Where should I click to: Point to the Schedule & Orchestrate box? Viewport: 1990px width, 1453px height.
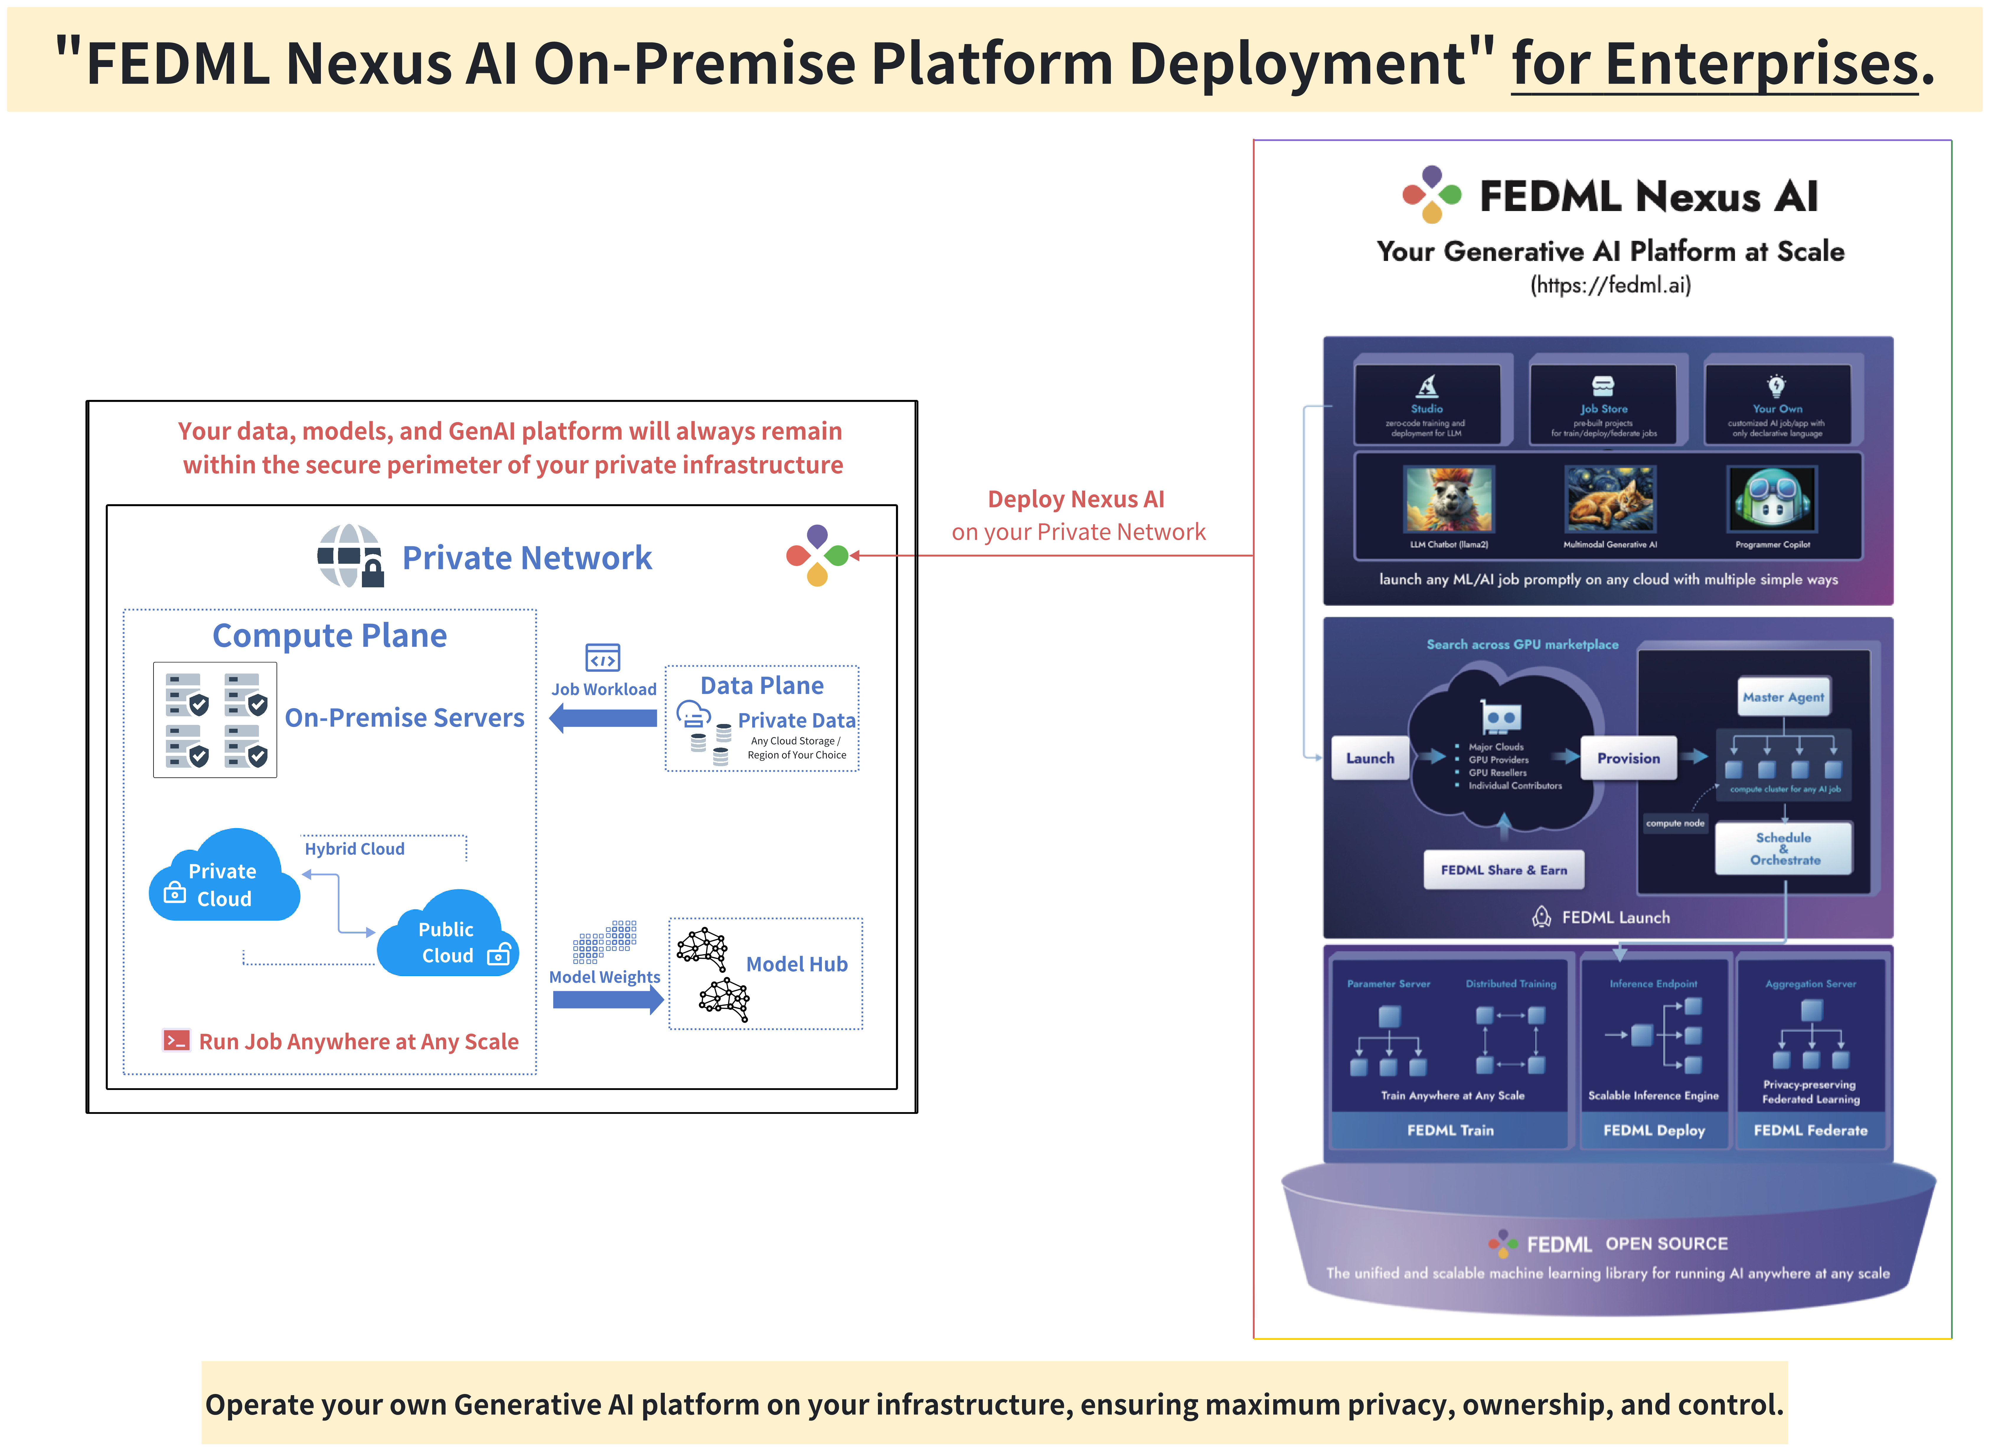click(x=1783, y=849)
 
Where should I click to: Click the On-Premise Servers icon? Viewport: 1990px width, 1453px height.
click(x=215, y=720)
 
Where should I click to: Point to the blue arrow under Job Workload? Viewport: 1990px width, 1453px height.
click(x=603, y=719)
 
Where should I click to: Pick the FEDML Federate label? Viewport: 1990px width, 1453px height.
click(x=1810, y=1130)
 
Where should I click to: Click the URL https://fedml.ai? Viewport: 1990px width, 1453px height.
click(x=1610, y=285)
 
